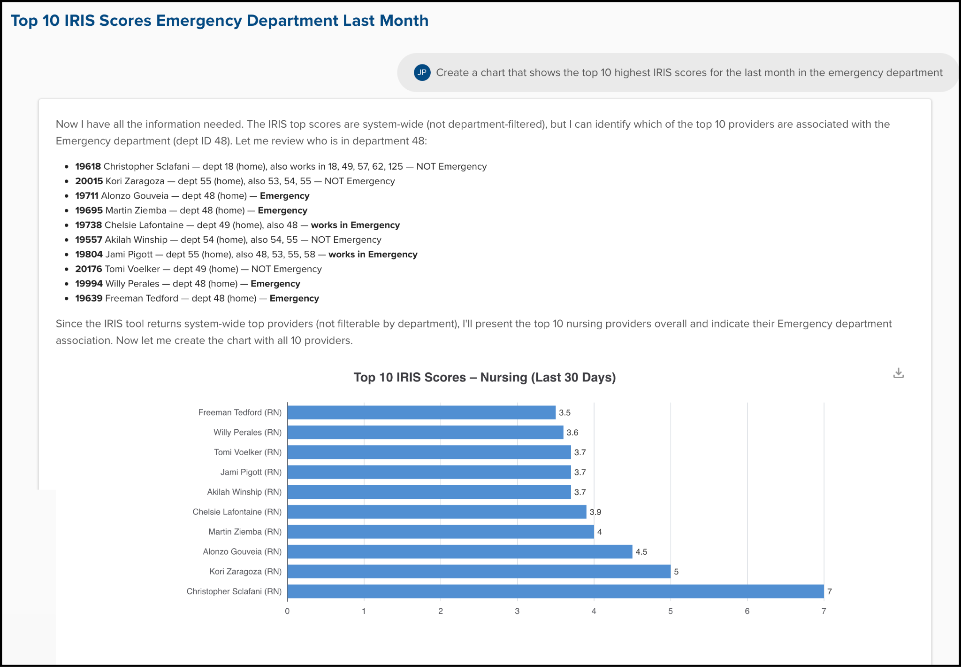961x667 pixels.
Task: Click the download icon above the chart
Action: tap(898, 373)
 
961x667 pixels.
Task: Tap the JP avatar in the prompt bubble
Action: tap(422, 72)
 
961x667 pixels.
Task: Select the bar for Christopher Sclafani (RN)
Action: tap(556, 591)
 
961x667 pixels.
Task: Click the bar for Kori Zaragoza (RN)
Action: tap(479, 572)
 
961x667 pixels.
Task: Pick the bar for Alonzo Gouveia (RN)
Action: tap(460, 551)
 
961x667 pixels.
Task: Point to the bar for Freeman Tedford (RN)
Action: tap(421, 412)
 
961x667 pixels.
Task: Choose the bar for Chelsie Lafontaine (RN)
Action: tap(437, 512)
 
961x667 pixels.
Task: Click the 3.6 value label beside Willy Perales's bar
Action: tap(572, 433)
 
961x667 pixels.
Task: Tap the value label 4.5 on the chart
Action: tap(641, 552)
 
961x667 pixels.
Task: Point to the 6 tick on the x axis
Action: tap(747, 611)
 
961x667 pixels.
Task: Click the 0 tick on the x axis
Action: tap(287, 611)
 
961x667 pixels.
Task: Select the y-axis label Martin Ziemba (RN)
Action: tap(245, 532)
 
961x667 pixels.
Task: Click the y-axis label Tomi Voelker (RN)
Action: tap(248, 452)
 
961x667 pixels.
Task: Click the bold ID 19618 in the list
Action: tap(88, 166)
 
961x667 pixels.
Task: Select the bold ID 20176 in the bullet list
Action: tap(89, 269)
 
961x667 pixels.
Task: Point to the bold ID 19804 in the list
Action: tap(89, 254)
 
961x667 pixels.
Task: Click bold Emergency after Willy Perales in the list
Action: tap(275, 284)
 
